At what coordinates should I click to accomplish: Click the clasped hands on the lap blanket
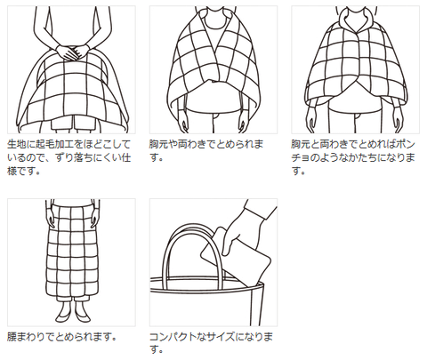(72, 52)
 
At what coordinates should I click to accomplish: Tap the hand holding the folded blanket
(243, 234)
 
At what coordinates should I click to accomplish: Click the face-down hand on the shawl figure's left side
(184, 122)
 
